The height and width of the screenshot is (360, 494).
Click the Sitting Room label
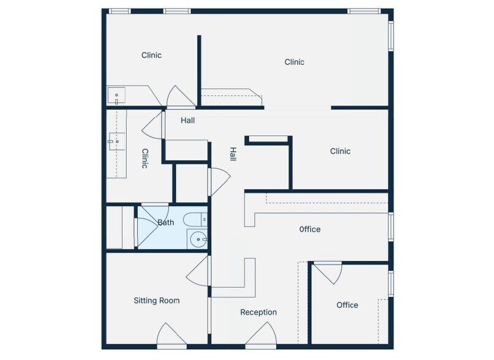pyautogui.click(x=157, y=301)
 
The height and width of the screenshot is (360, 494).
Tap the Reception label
pyautogui.click(x=258, y=312)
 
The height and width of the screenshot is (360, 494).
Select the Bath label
pyautogui.click(x=166, y=223)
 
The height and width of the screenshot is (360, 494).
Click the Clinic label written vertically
pyautogui.click(x=145, y=159)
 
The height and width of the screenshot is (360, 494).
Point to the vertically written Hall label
pyautogui.click(x=233, y=154)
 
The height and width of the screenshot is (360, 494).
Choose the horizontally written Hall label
pyautogui.click(x=187, y=121)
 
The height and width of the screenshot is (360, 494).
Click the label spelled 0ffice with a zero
pyautogui.click(x=310, y=230)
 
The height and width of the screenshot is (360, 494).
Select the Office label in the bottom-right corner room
pyautogui.click(x=347, y=305)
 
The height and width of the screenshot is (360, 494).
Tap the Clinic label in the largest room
pyautogui.click(x=294, y=62)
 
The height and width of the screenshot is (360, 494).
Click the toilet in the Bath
pyautogui.click(x=197, y=219)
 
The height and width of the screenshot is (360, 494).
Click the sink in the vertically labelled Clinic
pyautogui.click(x=115, y=141)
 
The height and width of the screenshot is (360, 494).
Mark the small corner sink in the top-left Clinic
pyautogui.click(x=116, y=96)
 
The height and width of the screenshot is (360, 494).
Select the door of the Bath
pyautogui.click(x=148, y=215)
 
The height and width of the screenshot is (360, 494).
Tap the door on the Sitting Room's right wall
pyautogui.click(x=200, y=271)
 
